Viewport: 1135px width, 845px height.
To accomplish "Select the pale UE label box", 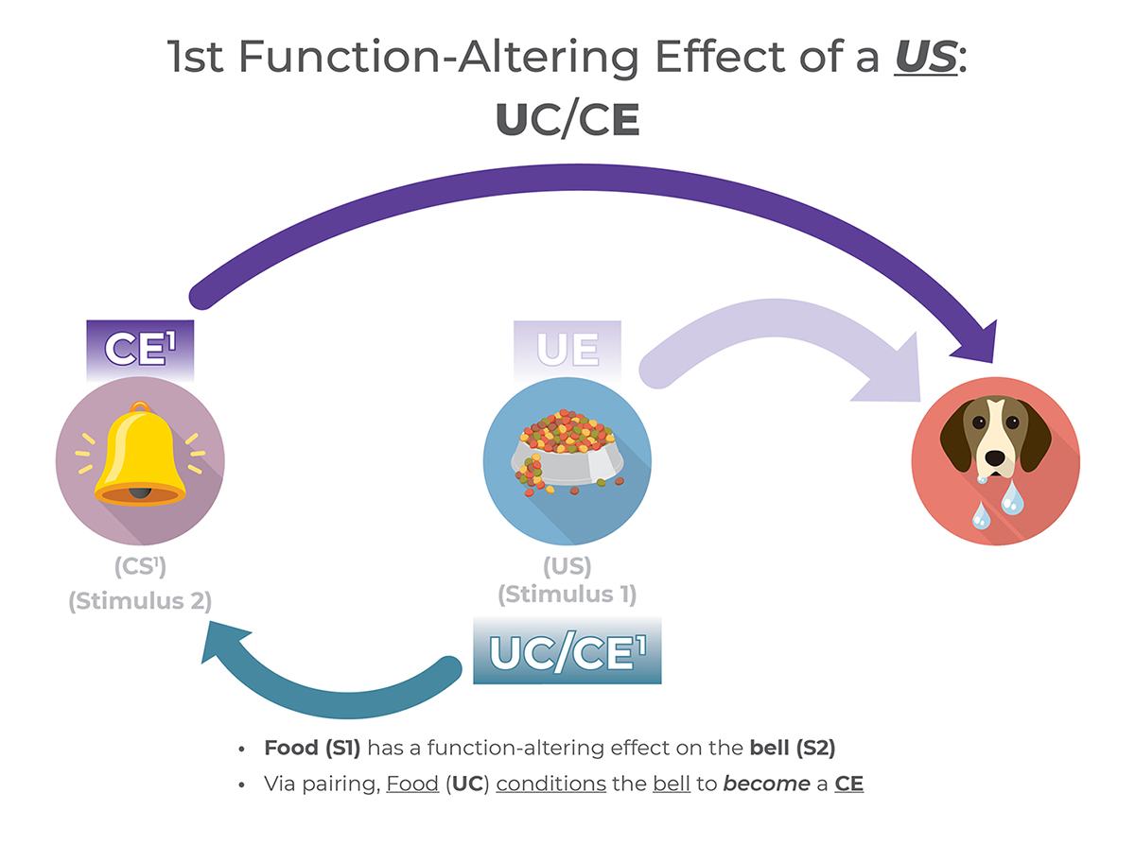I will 567,349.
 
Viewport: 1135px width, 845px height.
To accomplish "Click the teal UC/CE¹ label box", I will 567,652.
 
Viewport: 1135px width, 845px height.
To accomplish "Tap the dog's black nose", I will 995,457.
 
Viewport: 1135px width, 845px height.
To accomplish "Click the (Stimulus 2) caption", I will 140,600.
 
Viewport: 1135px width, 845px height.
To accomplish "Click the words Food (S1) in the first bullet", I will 313,749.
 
